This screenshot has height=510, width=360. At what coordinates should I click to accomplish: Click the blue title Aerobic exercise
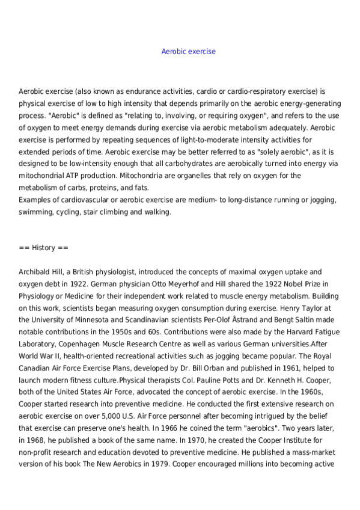[x=188, y=52]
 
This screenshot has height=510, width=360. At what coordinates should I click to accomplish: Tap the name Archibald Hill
[x=43, y=272]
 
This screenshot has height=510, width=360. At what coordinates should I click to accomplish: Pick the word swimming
[x=35, y=212]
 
